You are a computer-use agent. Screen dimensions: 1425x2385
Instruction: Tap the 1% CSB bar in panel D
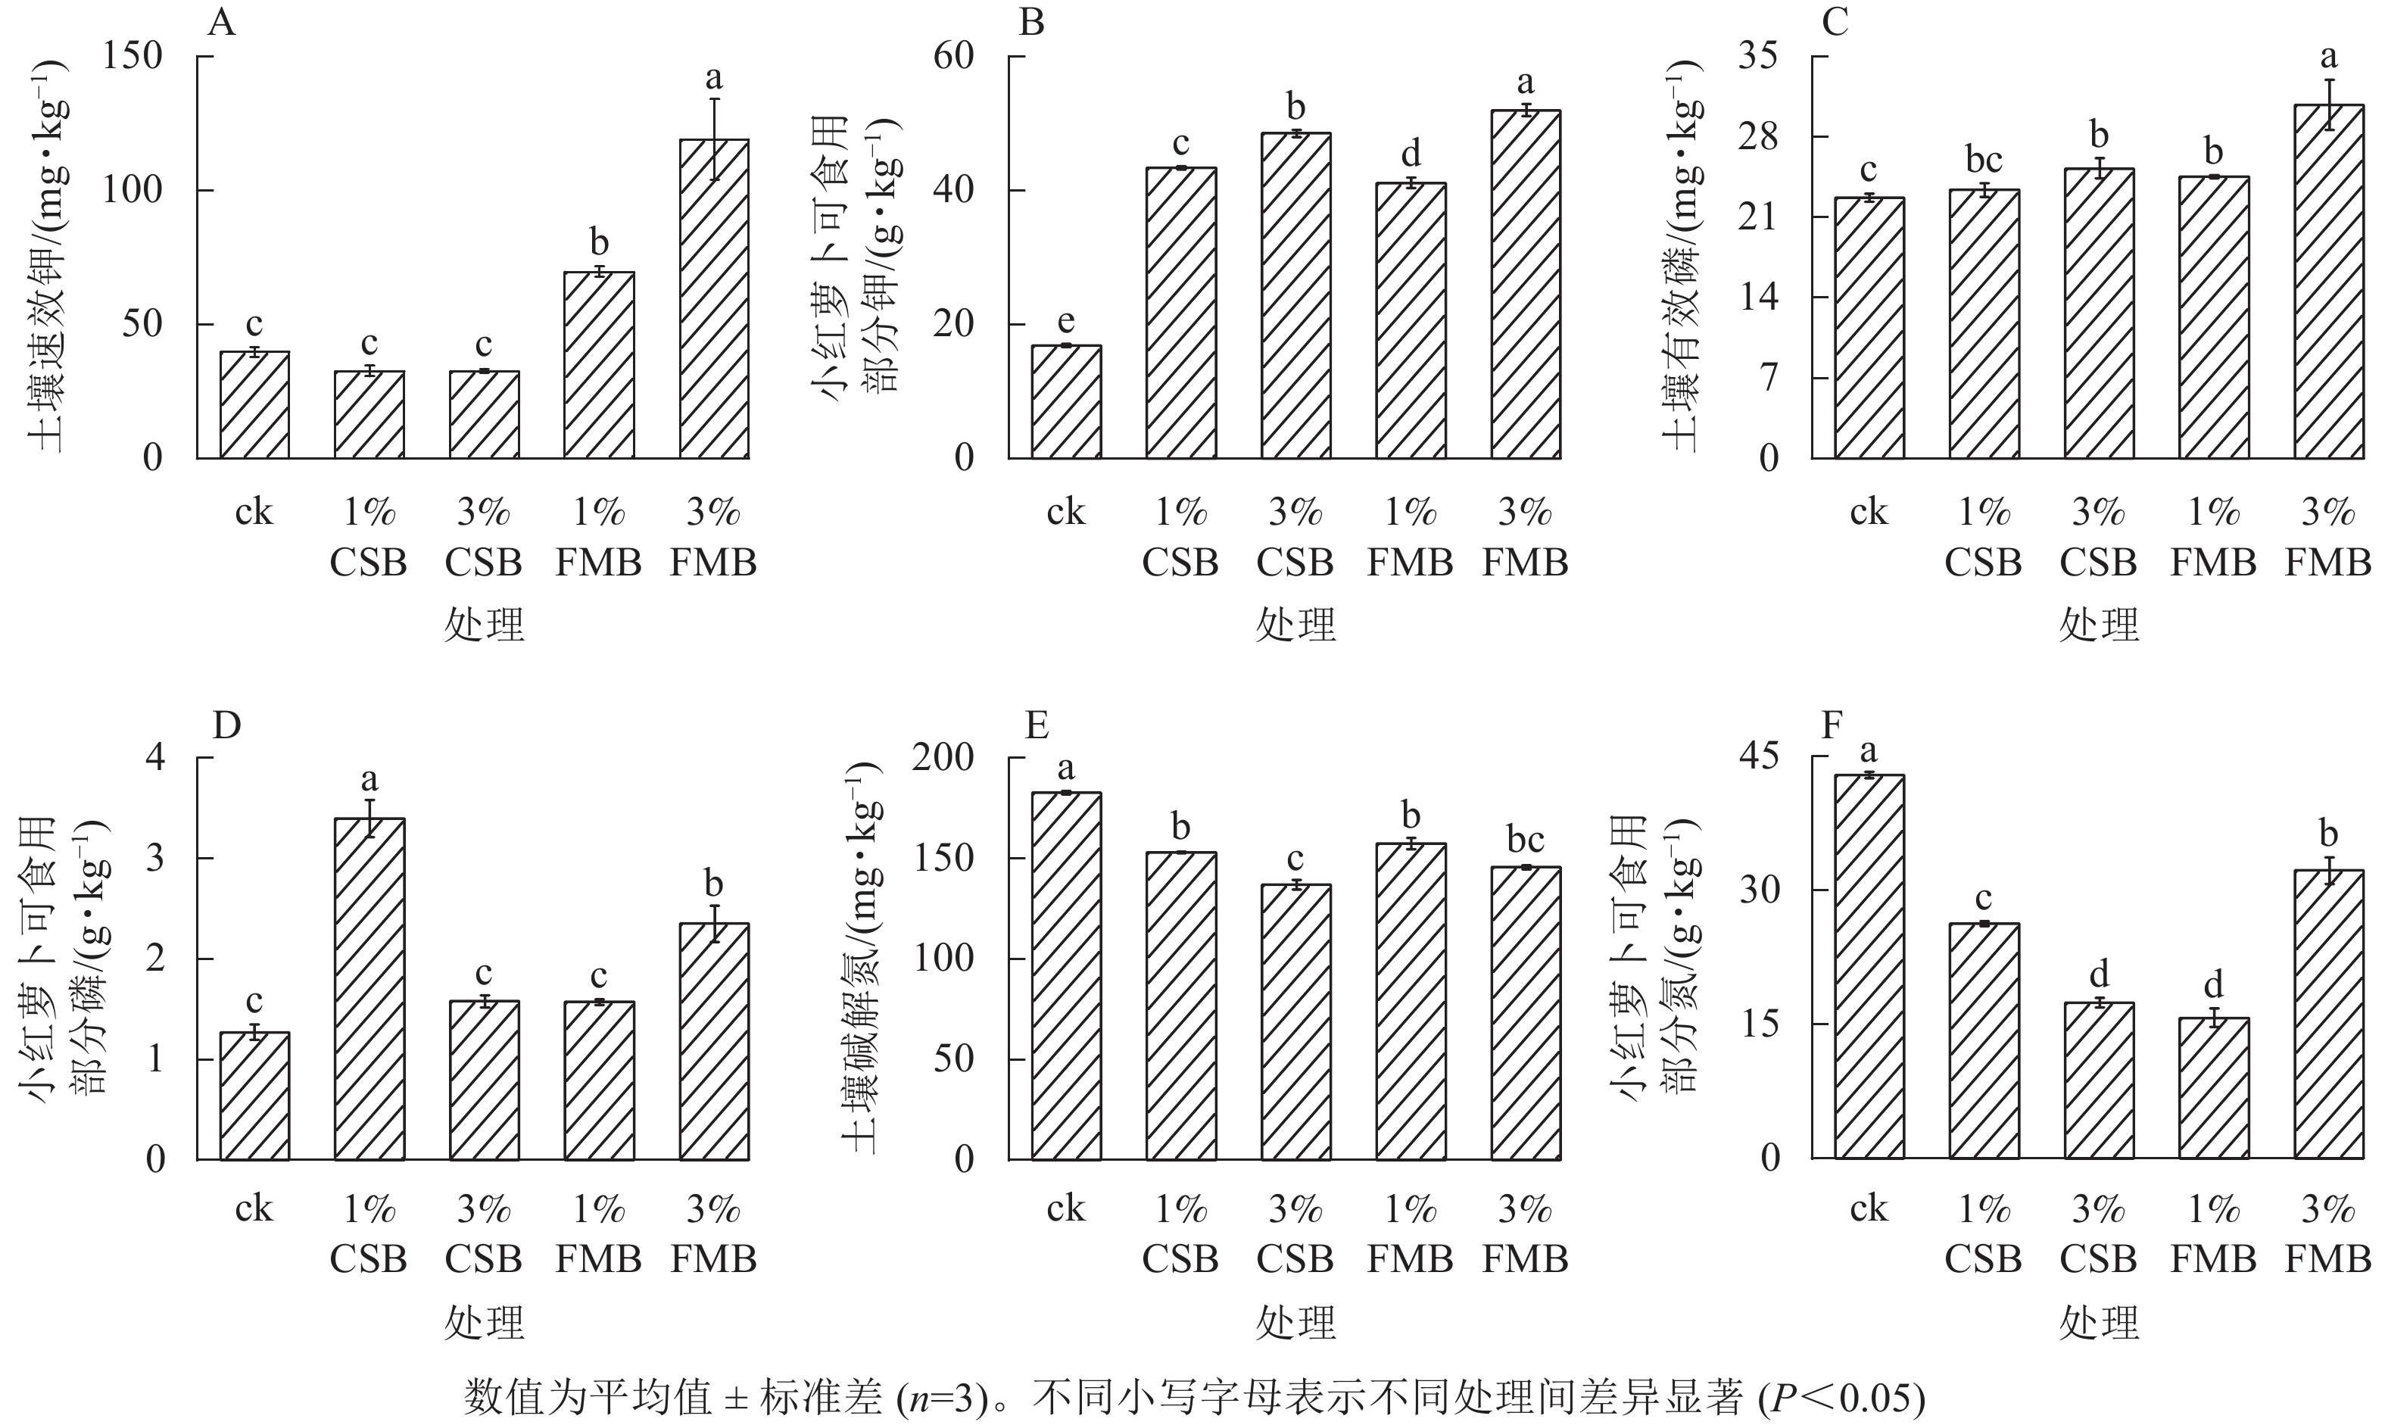pos(369,989)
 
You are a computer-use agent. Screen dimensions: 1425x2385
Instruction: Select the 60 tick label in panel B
pos(953,57)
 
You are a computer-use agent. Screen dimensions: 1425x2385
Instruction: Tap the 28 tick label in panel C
pos(1758,137)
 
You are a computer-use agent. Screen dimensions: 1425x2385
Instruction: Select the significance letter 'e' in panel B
pos(1066,322)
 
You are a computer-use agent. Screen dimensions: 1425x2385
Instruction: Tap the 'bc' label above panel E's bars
pos(1525,840)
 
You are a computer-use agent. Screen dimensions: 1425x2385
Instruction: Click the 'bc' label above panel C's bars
pos(1984,160)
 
